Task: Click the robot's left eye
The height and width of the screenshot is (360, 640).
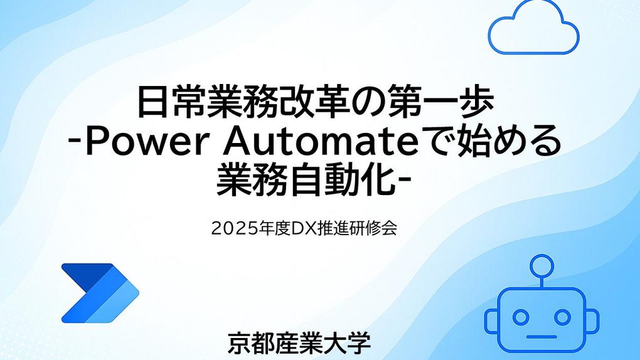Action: [x=520, y=317]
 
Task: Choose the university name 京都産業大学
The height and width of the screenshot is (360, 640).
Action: [x=299, y=343]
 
